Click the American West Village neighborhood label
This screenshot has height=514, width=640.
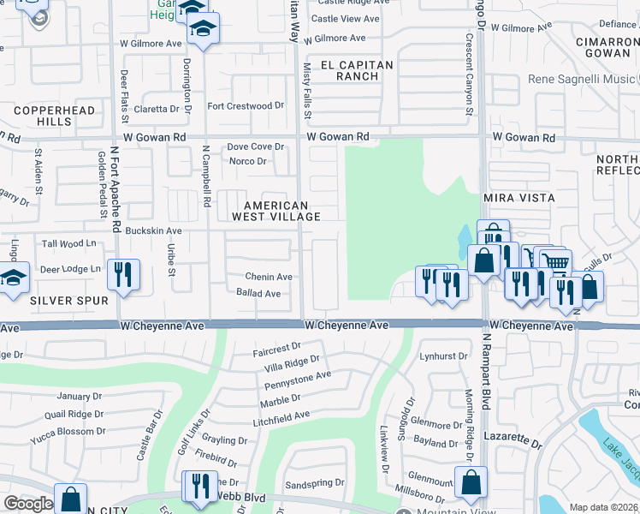click(276, 211)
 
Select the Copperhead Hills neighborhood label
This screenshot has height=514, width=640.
click(42, 116)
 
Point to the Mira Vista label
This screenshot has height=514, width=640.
click(519, 198)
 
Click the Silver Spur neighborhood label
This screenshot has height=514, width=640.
click(70, 301)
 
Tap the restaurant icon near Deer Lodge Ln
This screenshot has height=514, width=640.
click(123, 274)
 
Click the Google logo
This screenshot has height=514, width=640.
click(27, 504)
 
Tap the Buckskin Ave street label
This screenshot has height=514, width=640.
click(153, 231)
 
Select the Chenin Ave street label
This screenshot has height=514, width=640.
click(269, 277)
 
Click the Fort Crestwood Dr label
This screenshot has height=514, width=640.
click(246, 106)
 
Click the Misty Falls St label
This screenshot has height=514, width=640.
click(308, 86)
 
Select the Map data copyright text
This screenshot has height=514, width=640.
click(604, 507)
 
